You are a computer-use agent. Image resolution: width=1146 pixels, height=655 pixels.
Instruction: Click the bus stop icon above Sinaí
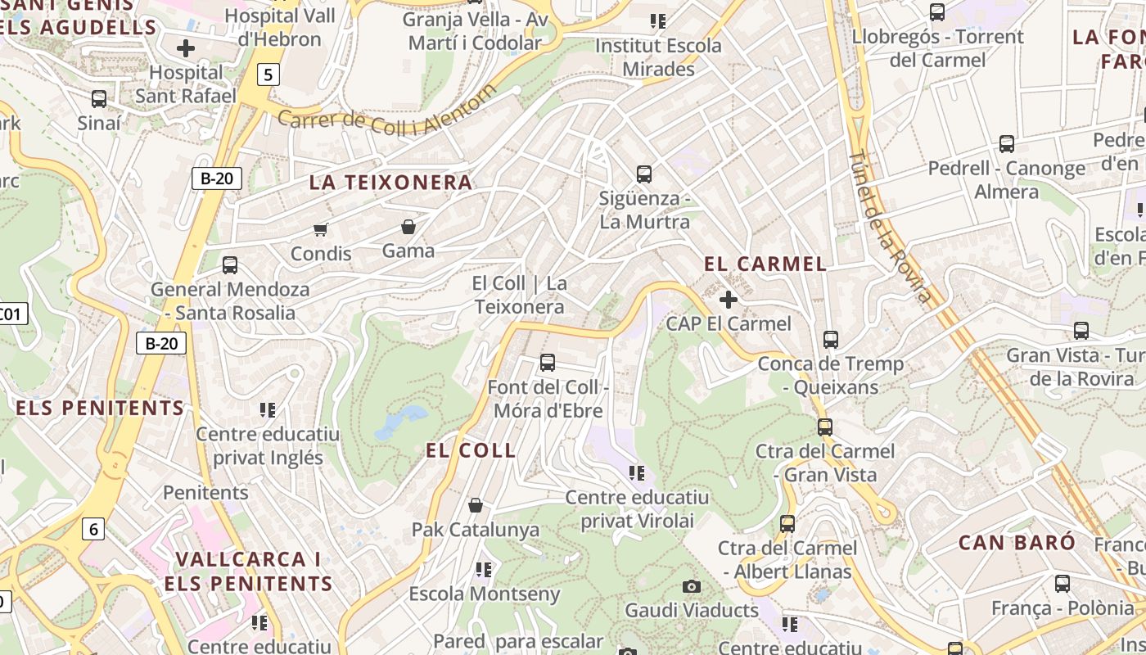(x=99, y=99)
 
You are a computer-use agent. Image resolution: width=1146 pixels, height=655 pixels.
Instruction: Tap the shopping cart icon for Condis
(x=320, y=230)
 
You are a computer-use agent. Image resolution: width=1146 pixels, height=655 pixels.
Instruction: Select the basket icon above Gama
(x=408, y=227)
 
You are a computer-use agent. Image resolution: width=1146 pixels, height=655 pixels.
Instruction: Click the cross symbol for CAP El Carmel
(x=728, y=300)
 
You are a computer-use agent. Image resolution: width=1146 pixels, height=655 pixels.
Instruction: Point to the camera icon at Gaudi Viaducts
(x=692, y=586)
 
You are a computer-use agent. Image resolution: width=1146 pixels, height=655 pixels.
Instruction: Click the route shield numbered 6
(x=93, y=529)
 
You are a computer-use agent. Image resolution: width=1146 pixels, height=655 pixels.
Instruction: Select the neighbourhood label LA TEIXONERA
(x=391, y=183)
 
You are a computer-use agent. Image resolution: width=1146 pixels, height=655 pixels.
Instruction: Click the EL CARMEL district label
(x=765, y=264)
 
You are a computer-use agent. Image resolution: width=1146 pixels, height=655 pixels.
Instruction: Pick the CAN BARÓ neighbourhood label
(x=1017, y=542)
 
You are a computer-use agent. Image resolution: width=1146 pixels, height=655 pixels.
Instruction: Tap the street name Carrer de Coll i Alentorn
(x=386, y=115)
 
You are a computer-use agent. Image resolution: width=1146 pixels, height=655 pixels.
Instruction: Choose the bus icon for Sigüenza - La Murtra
(x=644, y=174)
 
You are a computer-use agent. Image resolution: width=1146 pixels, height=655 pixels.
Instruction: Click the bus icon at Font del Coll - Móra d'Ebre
(x=548, y=362)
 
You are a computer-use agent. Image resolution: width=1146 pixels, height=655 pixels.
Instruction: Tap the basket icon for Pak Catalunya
(x=475, y=506)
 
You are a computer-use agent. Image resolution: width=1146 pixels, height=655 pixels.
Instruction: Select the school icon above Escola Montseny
(x=484, y=569)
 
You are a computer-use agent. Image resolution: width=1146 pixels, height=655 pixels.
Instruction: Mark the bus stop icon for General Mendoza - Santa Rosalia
(x=230, y=265)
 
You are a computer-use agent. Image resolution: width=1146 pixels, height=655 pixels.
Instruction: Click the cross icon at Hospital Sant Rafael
(x=186, y=48)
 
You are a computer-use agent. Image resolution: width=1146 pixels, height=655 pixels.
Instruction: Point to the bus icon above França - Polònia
(x=1062, y=584)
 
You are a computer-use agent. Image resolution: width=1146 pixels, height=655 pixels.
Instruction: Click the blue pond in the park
(x=402, y=421)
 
